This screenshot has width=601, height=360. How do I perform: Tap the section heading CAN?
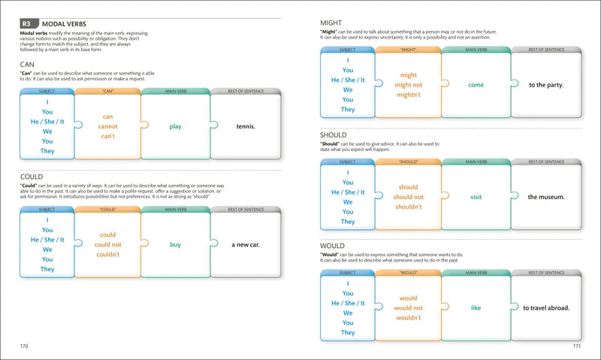pos(28,65)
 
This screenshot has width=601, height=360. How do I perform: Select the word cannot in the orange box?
pos(108,126)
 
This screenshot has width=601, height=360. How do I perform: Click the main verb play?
pos(175,126)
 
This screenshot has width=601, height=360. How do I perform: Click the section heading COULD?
pos(33,177)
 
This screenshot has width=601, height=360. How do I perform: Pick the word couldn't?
pos(108,254)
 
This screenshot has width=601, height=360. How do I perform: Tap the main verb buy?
pos(175,244)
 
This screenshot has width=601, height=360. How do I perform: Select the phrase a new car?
pos(246,244)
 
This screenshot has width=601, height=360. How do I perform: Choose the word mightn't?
pos(409,95)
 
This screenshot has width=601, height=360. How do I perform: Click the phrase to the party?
pos(546,85)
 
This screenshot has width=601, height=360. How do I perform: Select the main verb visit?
pos(476,197)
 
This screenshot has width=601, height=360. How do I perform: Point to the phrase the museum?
pos(546,197)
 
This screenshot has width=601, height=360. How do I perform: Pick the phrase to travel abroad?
pos(546,307)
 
